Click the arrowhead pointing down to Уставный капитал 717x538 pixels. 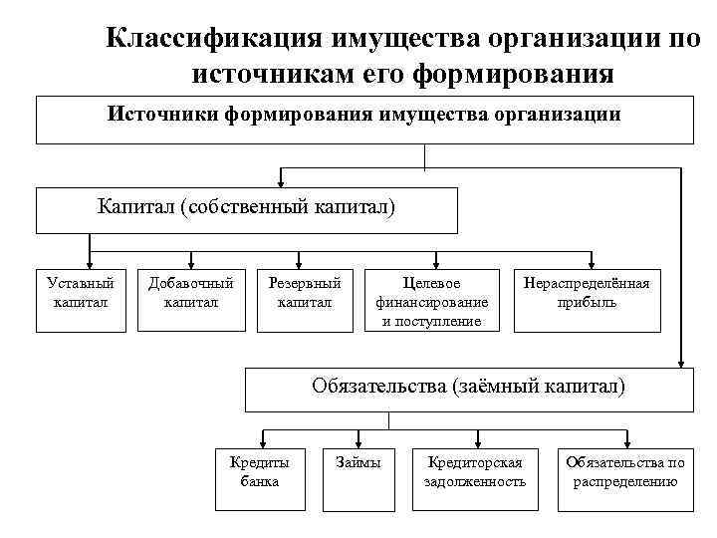(x=89, y=261)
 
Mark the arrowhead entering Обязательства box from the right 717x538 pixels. (x=682, y=362)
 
